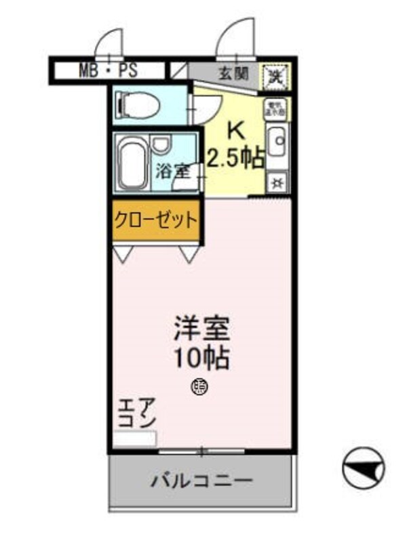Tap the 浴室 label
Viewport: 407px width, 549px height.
click(172, 171)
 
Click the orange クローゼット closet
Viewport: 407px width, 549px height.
click(155, 220)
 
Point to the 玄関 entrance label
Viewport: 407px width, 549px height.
click(232, 72)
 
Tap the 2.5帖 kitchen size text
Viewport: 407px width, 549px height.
click(235, 158)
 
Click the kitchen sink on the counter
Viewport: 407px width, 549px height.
click(277, 143)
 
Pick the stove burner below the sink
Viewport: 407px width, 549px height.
click(277, 182)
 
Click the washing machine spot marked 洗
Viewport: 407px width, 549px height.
click(277, 74)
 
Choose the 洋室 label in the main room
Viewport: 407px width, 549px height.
click(201, 330)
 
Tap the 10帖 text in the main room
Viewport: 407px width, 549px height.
click(201, 357)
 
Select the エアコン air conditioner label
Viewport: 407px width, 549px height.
click(138, 413)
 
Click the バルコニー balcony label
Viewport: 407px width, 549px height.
click(201, 481)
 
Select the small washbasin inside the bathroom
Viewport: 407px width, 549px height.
click(161, 144)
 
